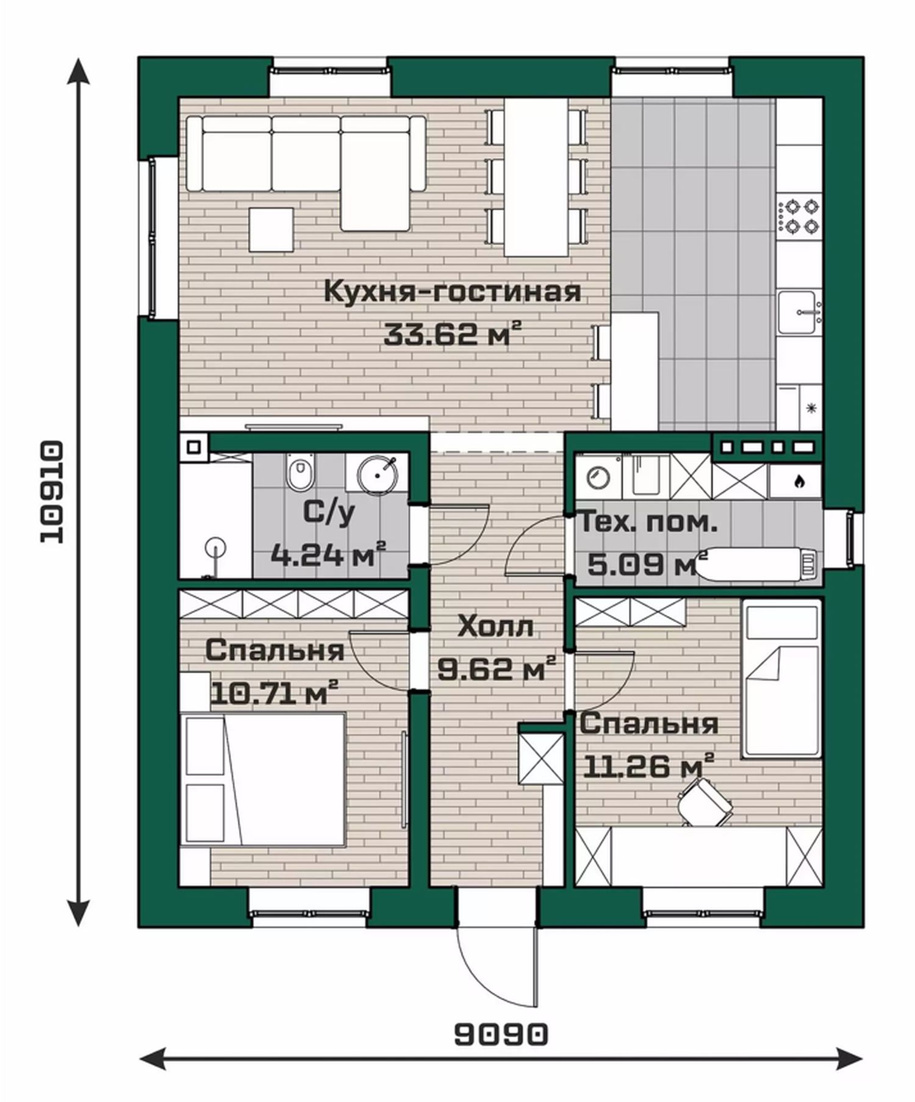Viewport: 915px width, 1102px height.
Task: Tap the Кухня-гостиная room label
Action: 453,292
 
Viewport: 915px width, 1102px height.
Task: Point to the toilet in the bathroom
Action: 299,474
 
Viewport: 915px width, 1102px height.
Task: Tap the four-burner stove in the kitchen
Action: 799,216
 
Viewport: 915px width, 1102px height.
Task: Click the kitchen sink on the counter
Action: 799,312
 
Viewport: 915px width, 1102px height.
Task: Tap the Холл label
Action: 495,626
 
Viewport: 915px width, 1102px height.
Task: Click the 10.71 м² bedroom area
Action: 274,693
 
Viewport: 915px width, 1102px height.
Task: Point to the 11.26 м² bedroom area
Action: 648,766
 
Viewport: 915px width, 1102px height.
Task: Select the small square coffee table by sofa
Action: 271,229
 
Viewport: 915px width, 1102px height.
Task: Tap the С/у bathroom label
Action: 328,514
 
